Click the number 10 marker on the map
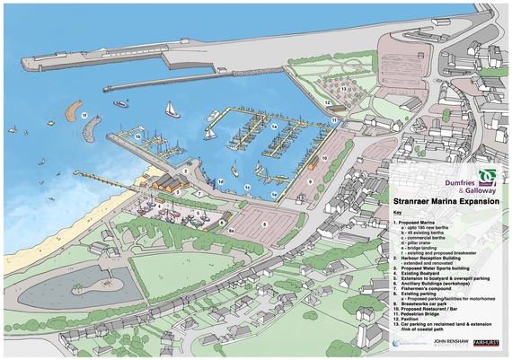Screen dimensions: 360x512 (x=324, y=158)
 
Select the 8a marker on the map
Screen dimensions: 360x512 (x=230, y=231)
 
